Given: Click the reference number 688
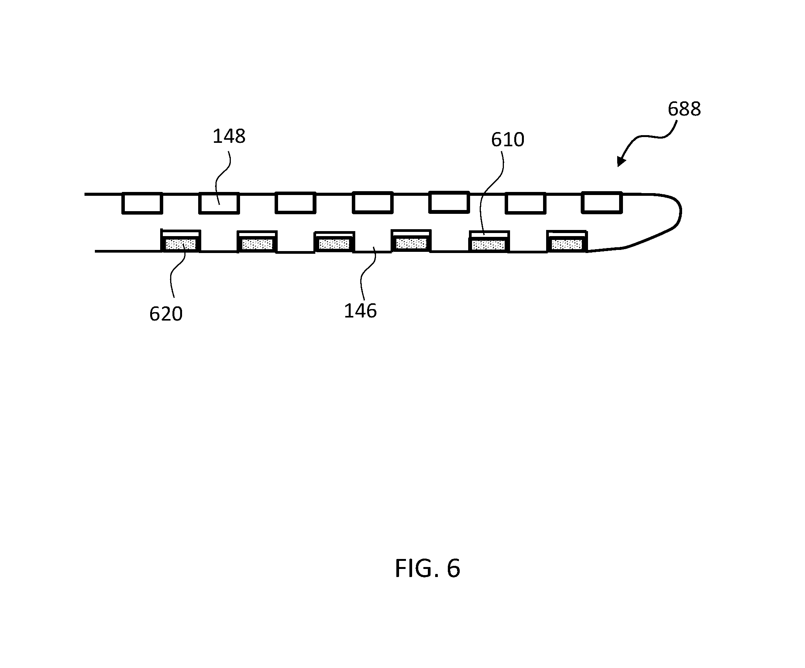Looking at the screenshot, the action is [x=684, y=109].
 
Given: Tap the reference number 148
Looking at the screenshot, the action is [x=229, y=136].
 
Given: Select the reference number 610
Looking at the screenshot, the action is [x=507, y=140].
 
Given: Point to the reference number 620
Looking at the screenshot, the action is [x=166, y=314].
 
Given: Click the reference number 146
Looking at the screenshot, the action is [x=360, y=311].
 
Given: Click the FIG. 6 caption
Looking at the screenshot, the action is [x=427, y=569].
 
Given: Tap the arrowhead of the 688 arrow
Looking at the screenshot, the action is [x=621, y=161].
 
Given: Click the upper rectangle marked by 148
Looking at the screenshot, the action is [x=219, y=203].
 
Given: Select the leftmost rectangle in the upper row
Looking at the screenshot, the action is [x=142, y=203].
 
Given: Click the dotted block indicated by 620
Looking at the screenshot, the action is [x=181, y=244].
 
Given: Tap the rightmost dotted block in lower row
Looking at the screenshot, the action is [x=566, y=244].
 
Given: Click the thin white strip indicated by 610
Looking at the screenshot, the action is [x=489, y=235].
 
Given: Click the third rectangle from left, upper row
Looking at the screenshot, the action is [x=295, y=203].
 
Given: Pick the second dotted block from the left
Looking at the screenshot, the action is [x=257, y=244].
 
